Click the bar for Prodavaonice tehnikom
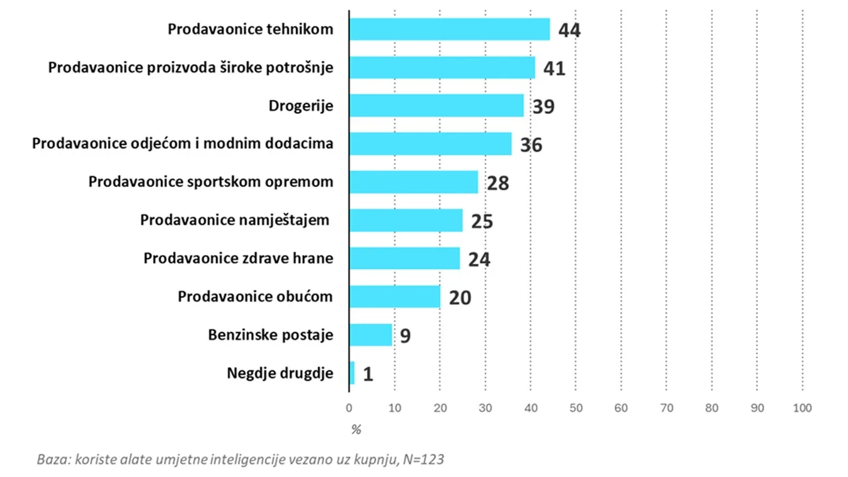tap(450, 29)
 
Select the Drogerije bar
tap(437, 105)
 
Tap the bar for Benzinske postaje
tap(370, 335)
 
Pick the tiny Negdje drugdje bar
tap(352, 373)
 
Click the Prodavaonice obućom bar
tap(395, 296)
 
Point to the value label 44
tap(569, 30)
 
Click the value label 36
tap(531, 145)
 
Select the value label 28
tap(498, 184)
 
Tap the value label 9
tap(405, 336)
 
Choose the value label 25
tap(482, 221)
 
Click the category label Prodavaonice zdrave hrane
tap(238, 258)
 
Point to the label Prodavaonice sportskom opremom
tap(211, 182)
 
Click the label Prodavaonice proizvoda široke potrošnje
tap(191, 68)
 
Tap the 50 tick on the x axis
tap(576, 408)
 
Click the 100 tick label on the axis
tap(802, 408)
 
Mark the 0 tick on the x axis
tap(349, 408)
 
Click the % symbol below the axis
tap(356, 430)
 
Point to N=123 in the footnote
tap(423, 460)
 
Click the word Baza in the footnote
tap(54, 460)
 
